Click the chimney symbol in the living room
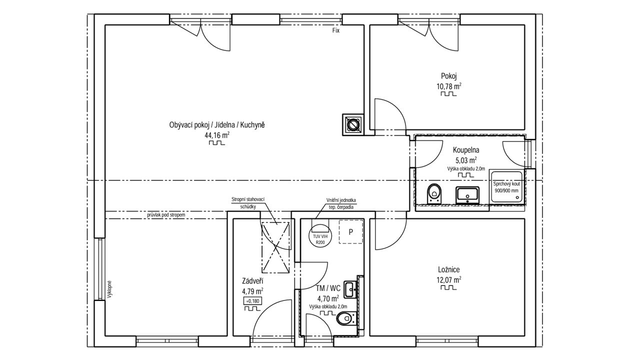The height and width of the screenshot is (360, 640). click(353, 124)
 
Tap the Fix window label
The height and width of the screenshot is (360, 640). click(335, 30)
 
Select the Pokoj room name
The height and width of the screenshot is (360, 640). click(449, 76)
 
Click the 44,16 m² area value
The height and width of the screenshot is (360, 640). click(217, 135)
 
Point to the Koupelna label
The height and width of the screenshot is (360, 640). click(466, 149)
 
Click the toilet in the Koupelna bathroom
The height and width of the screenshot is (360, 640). click(434, 193)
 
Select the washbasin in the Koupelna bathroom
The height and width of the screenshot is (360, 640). click(467, 195)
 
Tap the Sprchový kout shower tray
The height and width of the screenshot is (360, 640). click(507, 187)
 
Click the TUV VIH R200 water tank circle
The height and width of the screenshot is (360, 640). click(320, 236)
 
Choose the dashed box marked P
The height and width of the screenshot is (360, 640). click(351, 231)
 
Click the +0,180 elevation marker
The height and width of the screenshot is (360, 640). click(252, 301)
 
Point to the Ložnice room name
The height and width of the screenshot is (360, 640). click(449, 269)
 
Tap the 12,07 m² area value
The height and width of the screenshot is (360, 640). click(449, 279)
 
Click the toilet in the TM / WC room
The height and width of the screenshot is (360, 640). click(346, 318)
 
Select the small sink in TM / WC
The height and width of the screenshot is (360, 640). click(349, 289)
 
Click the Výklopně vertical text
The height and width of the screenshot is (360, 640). click(109, 289)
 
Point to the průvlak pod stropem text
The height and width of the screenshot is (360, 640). click(166, 214)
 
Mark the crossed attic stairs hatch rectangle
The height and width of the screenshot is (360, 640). click(275, 247)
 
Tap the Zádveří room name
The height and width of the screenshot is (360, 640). click(252, 281)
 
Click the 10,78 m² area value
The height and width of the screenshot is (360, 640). click(449, 86)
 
